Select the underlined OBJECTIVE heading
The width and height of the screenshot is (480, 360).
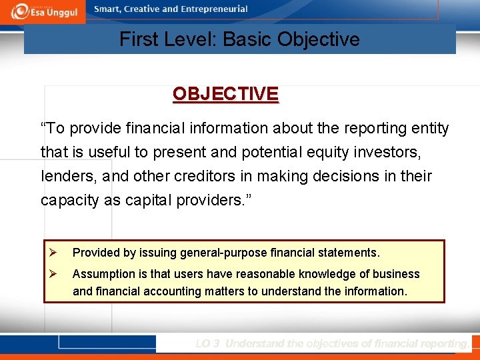[x=225, y=94]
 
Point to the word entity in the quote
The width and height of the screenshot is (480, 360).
[x=430, y=128]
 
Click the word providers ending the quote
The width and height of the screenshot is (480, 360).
[x=215, y=201]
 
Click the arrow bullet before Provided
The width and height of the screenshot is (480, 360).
[x=55, y=253]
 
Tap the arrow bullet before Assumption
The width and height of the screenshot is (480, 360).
[x=55, y=274]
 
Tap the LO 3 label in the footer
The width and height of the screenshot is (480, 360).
[x=207, y=343]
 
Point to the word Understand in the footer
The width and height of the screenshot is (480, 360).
[x=254, y=343]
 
